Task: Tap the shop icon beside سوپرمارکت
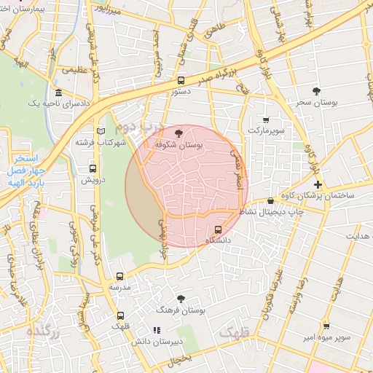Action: point(265,119)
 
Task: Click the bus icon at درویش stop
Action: point(91,168)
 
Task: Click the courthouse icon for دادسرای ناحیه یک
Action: point(58,93)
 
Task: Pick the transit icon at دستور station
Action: point(181,81)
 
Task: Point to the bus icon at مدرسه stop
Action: point(120,276)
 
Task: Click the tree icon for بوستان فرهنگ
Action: point(181,299)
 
